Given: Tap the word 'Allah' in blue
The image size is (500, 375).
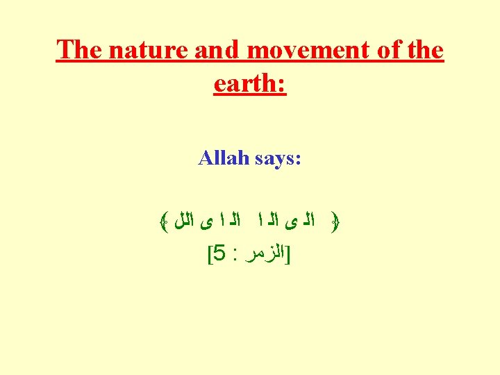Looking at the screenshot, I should click(x=222, y=158).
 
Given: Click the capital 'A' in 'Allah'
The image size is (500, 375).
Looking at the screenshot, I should click(x=206, y=158).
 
